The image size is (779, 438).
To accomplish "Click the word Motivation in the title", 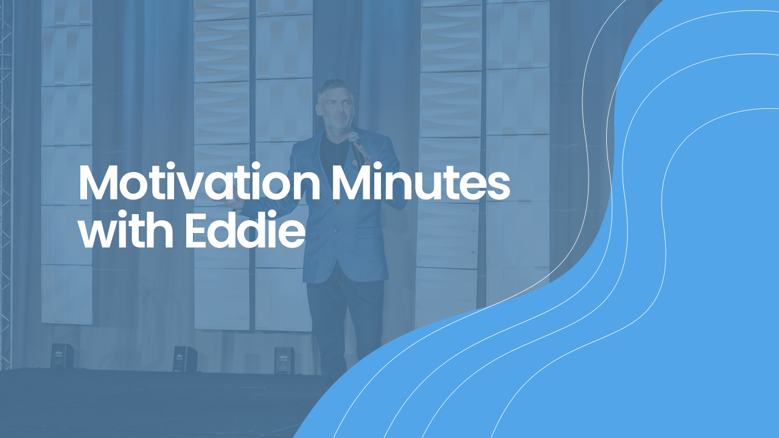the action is (199, 182).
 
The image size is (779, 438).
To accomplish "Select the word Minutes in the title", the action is (421, 182).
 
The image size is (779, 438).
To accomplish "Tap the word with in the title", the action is (126, 229).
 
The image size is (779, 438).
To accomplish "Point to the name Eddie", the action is (245, 229).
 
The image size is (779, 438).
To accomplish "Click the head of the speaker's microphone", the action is (354, 137).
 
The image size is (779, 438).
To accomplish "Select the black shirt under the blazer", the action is (334, 150).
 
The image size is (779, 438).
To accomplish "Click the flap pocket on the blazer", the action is (369, 232).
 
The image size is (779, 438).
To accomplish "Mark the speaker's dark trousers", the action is (344, 323).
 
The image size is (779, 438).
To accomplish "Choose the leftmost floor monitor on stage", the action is (62, 356).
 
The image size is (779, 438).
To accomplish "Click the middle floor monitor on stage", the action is (185, 358).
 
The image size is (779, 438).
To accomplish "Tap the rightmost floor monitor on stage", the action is (284, 361).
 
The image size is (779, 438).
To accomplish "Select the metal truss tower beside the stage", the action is (5, 184).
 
